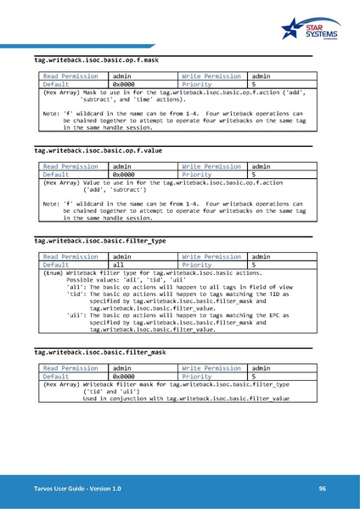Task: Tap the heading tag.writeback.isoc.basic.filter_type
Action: coord(100,240)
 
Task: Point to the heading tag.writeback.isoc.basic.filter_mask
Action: coord(100,351)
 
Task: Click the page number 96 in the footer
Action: coord(323,489)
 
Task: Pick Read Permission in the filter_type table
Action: coord(70,256)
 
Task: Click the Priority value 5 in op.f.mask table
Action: coord(254,85)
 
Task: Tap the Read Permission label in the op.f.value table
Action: coord(70,166)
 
